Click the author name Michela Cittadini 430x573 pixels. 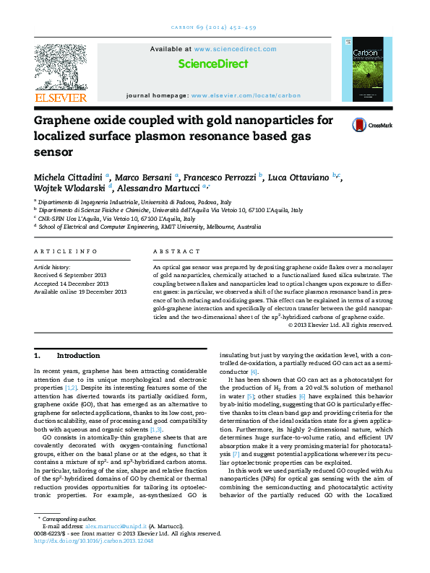coord(69,177)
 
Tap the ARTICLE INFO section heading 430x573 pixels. coord(66,251)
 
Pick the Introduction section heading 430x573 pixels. coord(77,356)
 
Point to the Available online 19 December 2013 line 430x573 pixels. coord(80,292)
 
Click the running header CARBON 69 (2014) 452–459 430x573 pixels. coord(215,27)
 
